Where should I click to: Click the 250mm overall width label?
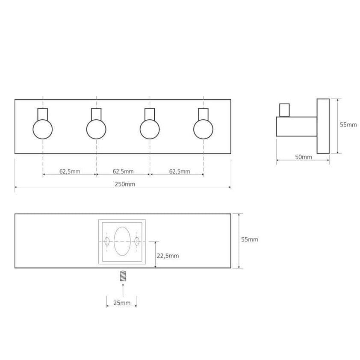point(125,184)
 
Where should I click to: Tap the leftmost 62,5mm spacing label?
point(70,171)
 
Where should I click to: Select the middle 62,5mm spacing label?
point(123,171)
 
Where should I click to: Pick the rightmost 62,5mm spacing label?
point(180,171)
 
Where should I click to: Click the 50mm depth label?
point(304,157)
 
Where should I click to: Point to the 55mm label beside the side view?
point(348,125)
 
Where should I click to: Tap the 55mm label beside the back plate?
point(250,239)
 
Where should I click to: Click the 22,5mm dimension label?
point(168,256)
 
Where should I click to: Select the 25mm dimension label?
point(122,303)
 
